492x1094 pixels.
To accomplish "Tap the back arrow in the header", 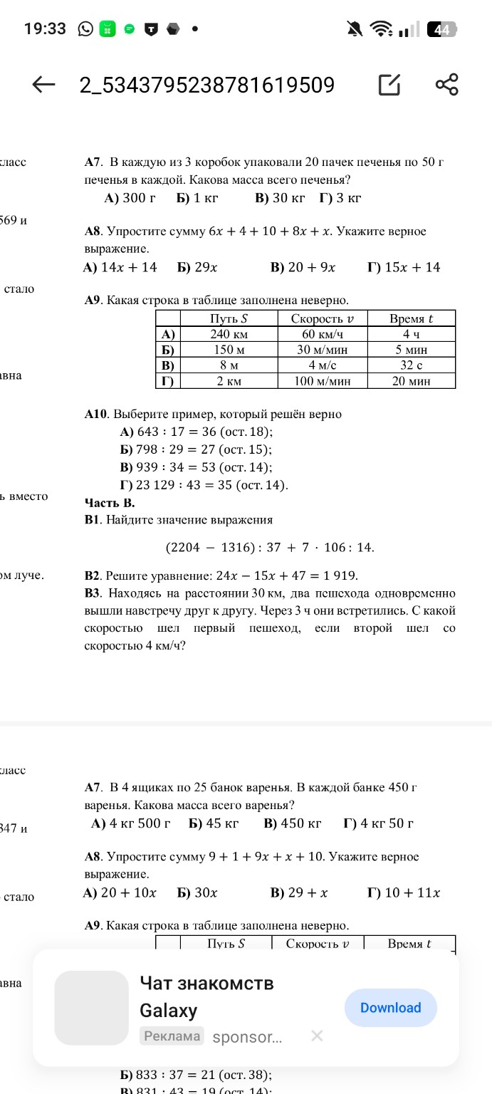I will [44, 85].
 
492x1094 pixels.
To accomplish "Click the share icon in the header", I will [446, 85].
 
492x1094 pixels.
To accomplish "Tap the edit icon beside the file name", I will [389, 85].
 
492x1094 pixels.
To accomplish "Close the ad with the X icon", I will [318, 1036].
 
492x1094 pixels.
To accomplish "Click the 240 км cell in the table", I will [229, 334].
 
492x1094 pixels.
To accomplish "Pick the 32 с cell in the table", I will [411, 365].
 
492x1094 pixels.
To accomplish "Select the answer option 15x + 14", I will [404, 267].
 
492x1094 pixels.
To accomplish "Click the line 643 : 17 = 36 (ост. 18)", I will [197, 432].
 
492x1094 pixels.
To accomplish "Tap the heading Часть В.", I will [110, 503].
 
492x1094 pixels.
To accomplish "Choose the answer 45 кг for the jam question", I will [214, 823].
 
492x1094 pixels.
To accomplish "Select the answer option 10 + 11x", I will [404, 892].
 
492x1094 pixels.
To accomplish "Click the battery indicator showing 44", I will [441, 29].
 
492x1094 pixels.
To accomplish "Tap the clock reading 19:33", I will [45, 29].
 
